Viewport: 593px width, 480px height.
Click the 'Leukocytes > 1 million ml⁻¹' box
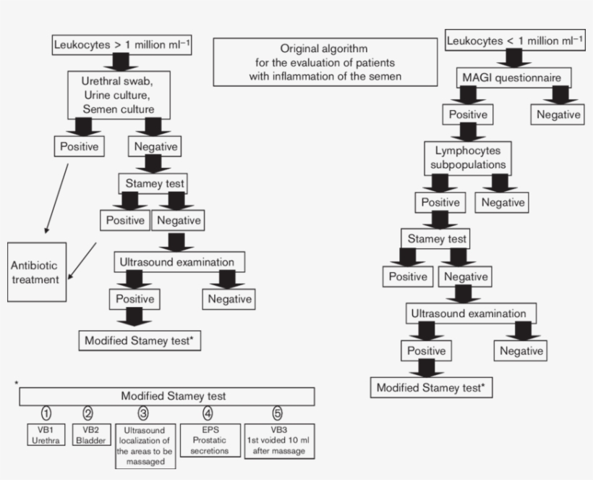tap(122, 45)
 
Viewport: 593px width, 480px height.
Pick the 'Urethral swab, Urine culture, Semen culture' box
tap(121, 94)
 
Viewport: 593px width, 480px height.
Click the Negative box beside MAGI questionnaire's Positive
tap(558, 114)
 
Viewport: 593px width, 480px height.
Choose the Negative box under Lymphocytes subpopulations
tap(503, 202)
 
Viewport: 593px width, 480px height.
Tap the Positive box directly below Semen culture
tap(80, 146)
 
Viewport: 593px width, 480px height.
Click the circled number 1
tap(46, 414)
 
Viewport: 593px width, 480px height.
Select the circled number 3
tap(143, 414)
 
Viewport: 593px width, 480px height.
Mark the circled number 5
tap(278, 414)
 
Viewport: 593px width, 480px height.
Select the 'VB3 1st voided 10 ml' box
tap(278, 440)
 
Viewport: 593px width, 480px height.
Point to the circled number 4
tap(208, 414)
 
